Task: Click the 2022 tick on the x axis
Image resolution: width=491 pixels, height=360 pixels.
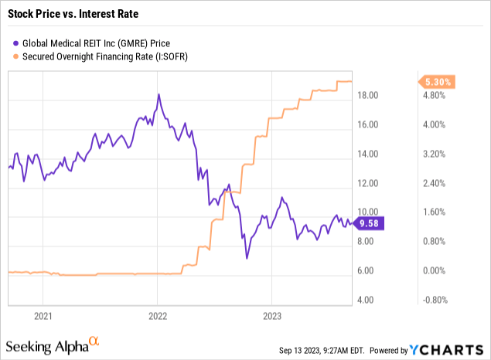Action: click(x=157, y=315)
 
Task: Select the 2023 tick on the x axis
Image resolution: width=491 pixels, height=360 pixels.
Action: click(x=271, y=315)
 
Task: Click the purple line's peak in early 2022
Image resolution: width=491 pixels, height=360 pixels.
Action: click(x=159, y=94)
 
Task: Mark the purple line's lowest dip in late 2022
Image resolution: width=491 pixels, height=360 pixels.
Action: click(x=247, y=257)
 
